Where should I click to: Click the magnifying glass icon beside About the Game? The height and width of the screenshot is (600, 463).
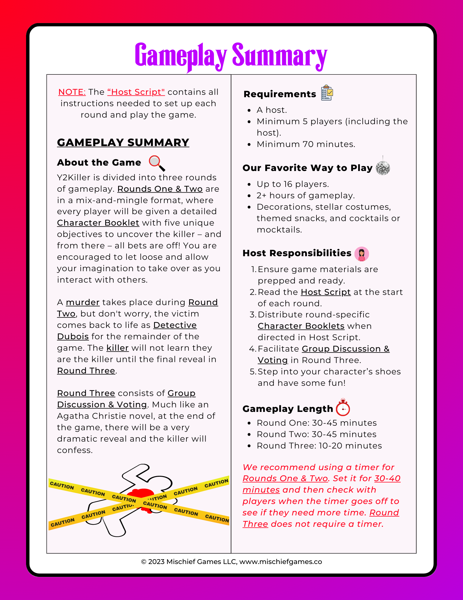(x=157, y=163)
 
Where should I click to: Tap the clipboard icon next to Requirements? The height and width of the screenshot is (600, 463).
(x=327, y=93)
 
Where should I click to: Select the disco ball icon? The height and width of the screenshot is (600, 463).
(x=383, y=167)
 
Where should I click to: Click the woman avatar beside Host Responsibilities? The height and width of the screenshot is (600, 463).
(x=361, y=254)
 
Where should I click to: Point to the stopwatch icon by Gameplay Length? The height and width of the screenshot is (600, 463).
(x=343, y=408)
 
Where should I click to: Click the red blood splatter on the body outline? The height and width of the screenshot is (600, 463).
(x=140, y=494)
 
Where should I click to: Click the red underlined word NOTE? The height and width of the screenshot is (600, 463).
(x=72, y=92)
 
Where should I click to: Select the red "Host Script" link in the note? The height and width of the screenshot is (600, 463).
(x=136, y=92)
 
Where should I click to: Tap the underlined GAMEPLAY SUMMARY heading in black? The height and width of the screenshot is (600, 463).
(x=123, y=142)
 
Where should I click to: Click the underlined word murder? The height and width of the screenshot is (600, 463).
(x=83, y=302)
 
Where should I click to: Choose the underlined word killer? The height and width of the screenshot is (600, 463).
(x=117, y=348)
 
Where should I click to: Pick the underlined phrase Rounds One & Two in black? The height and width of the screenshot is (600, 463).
(x=160, y=189)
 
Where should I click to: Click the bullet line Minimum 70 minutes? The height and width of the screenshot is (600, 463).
(x=306, y=144)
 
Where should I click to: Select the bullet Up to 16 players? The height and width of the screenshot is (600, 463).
(x=293, y=184)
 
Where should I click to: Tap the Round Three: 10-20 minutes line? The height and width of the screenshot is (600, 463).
(x=319, y=445)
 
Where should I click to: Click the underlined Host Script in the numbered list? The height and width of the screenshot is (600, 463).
(x=326, y=292)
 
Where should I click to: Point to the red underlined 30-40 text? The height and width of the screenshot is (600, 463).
(x=387, y=478)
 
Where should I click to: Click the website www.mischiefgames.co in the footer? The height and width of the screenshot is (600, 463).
(x=280, y=562)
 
